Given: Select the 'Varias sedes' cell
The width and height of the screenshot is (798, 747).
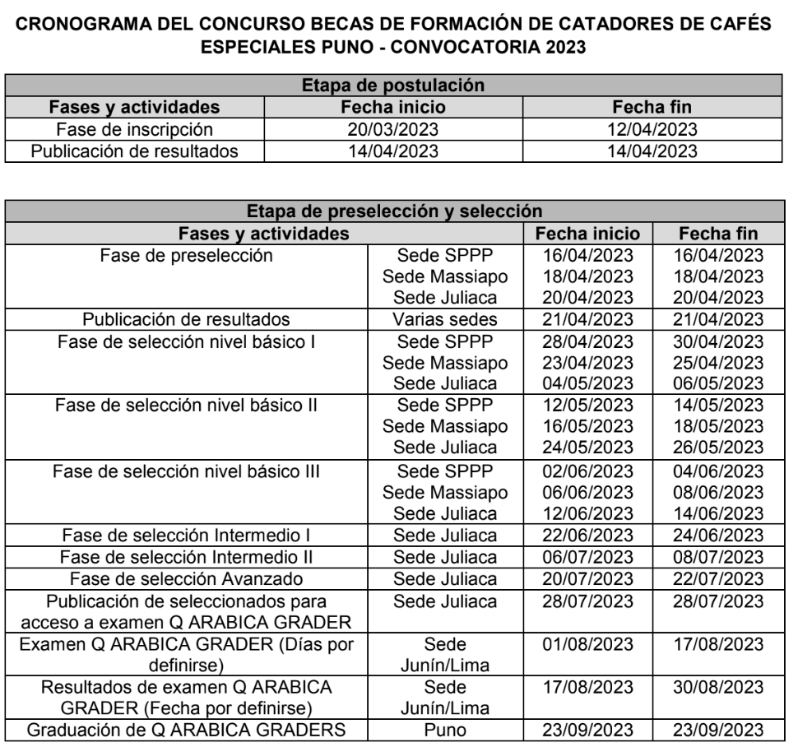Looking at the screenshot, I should tap(445, 318).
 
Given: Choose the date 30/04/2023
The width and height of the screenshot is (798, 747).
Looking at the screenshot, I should tap(718, 339).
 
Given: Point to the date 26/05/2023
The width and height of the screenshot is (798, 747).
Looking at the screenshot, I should tap(718, 446).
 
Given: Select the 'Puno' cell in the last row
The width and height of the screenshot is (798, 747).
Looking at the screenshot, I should tap(445, 729).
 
